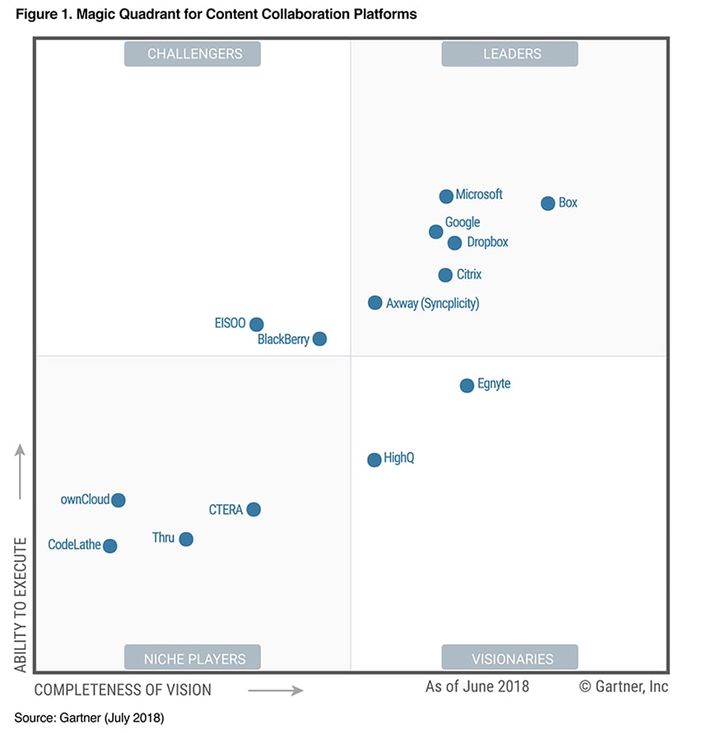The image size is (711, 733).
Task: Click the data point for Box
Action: (548, 203)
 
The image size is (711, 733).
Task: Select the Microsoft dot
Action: (446, 196)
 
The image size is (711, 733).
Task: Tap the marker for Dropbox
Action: (454, 243)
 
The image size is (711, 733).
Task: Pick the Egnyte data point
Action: (467, 385)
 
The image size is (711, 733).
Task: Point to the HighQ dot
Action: (374, 460)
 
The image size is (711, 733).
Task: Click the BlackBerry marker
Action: (320, 338)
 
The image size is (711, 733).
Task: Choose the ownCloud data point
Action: (118, 500)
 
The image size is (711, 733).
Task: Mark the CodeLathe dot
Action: (109, 545)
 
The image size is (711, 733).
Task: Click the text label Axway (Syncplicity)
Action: (433, 303)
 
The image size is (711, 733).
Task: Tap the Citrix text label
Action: (469, 274)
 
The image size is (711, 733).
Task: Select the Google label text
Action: (462, 222)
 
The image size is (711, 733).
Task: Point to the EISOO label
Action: (230, 324)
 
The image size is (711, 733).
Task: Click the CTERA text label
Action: (226, 510)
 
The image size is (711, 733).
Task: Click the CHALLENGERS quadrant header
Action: (195, 54)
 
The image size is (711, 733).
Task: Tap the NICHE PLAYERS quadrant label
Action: (195, 659)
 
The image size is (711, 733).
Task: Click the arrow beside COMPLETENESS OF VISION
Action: (276, 690)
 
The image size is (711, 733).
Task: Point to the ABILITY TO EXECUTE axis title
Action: (21, 605)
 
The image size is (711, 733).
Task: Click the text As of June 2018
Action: (477, 686)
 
